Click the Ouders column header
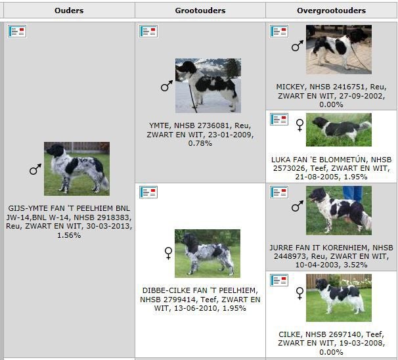point(69,11)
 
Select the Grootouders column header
point(200,11)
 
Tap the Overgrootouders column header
point(331,11)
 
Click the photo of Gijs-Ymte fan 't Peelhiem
point(77,169)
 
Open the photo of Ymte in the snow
point(208,85)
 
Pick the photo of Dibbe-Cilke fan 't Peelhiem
point(208,254)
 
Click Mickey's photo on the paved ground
point(339,49)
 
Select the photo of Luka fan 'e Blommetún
point(339,129)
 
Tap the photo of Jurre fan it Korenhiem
point(339,210)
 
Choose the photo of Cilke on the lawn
point(339,298)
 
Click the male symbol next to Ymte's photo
point(167,86)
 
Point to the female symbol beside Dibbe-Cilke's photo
point(168,253)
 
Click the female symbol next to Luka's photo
point(299,125)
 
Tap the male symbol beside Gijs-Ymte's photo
point(35,169)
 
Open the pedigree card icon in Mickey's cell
point(279,32)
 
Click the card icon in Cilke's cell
point(279,280)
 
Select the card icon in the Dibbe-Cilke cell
point(148,192)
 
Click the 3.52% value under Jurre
point(355,265)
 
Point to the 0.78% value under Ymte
point(200,143)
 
